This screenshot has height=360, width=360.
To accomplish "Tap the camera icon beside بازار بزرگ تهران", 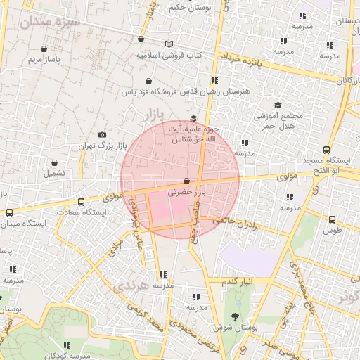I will tap(103, 135).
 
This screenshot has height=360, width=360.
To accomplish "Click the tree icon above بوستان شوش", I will tap(235, 316).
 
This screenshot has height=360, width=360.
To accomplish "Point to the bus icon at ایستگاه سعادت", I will tap(82, 202).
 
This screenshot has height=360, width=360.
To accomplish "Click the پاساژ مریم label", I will tap(44, 60).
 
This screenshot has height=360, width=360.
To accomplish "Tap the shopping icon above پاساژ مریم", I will tap(44, 49).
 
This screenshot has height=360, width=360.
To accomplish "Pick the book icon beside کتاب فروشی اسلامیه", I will tap(168, 44).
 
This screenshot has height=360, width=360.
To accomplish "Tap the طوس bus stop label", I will tap(333, 230).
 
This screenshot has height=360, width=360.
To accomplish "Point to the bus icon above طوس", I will tap(333, 219).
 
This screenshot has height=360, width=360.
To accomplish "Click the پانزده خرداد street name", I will tap(241, 58).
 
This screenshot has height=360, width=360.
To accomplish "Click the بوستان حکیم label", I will tap(188, 8).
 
